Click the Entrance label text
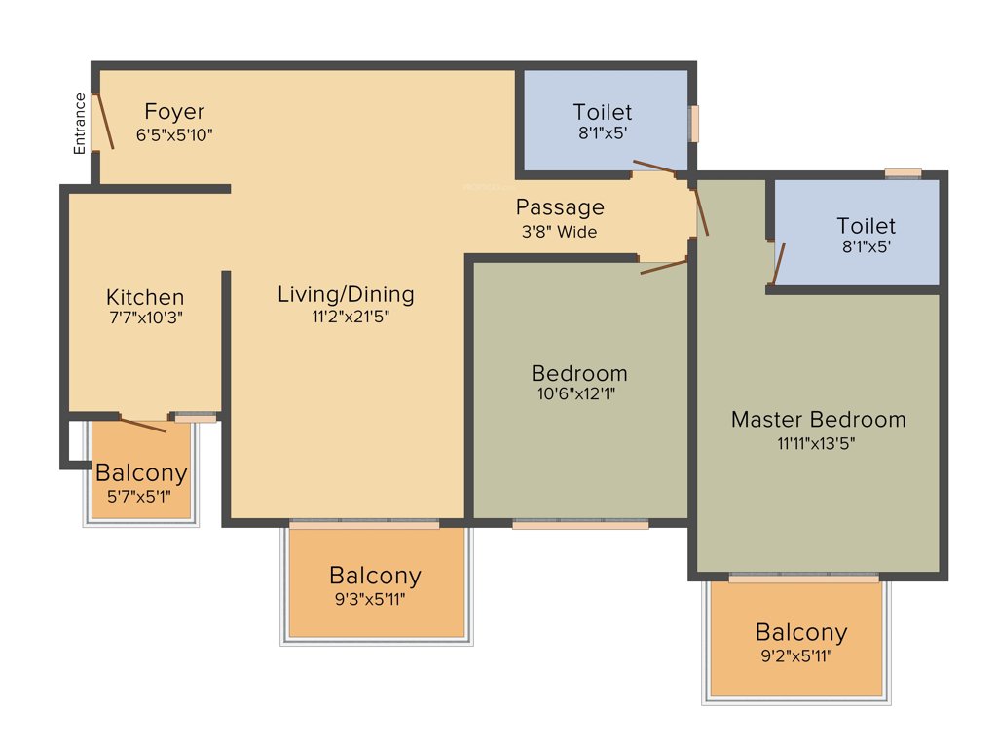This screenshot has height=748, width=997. tap(81, 124)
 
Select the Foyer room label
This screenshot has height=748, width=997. tap(174, 111)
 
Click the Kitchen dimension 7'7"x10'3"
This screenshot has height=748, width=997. tap(145, 317)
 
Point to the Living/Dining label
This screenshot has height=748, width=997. tap(346, 294)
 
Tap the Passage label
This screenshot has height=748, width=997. tap(560, 207)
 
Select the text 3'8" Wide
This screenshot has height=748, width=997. tap(559, 232)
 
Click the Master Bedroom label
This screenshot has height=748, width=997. tap(818, 420)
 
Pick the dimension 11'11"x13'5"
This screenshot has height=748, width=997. tap(818, 441)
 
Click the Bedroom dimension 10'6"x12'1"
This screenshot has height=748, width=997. tap(578, 393)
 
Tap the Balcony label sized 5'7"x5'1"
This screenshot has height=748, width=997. tap(141, 474)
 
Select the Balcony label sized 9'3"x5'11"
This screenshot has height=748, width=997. tap(375, 575)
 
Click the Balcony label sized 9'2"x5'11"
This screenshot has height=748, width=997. tap(800, 632)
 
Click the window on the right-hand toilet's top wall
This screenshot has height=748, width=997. tap(903, 173)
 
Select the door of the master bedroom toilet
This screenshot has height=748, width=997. tap(777, 264)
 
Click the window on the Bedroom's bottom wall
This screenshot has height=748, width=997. tap(580, 524)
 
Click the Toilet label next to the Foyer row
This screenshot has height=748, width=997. tap(602, 112)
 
